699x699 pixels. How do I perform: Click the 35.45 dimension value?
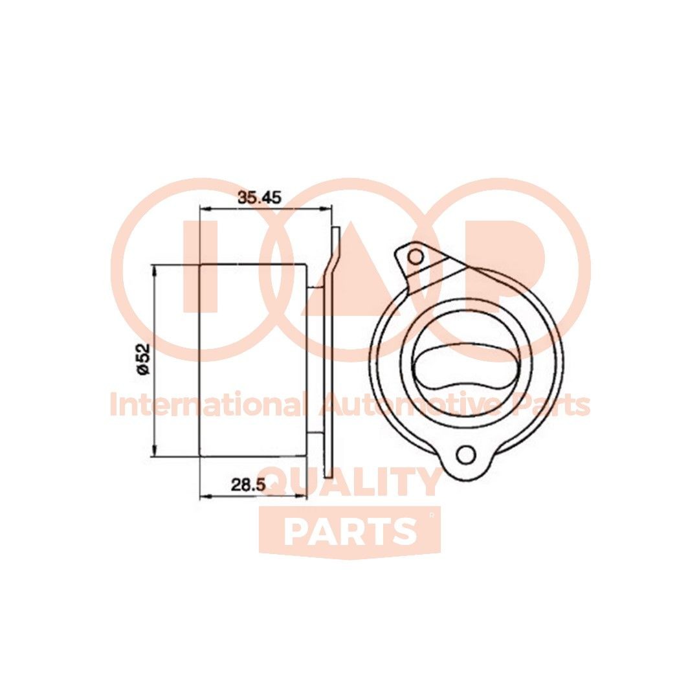(x=258, y=197)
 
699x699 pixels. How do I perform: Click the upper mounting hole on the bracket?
(x=416, y=256)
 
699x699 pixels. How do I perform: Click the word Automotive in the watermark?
(x=411, y=406)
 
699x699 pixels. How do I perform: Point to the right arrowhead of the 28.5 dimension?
(x=300, y=496)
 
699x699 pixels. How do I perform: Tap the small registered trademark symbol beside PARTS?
(x=432, y=516)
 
